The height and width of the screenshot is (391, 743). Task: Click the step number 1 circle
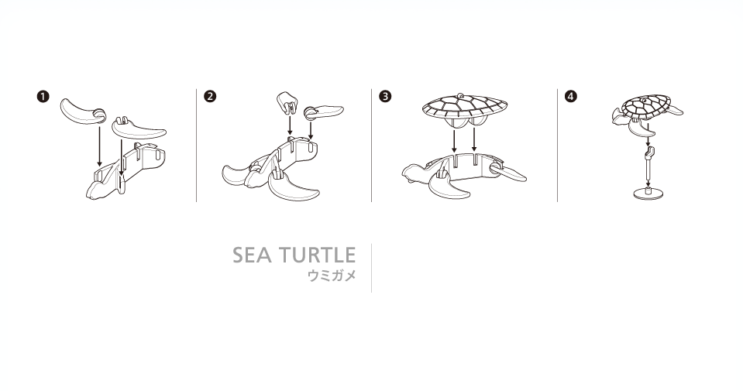43,97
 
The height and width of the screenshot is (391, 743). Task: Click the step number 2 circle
210,97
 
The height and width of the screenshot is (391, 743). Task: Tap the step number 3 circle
385,97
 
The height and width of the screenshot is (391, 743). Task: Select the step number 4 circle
571,97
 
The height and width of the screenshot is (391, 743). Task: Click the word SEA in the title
252,256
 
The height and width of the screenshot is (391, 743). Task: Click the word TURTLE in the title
317,256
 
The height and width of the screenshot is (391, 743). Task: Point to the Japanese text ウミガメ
332,276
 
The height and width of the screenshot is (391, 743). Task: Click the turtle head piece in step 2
287,103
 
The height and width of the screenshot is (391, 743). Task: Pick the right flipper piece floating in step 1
139,127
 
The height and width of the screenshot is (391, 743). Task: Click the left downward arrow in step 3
455,141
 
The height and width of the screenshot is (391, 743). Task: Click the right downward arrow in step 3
474,141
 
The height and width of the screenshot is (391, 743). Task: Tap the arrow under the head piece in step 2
290,125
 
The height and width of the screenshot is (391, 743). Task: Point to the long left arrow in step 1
99,146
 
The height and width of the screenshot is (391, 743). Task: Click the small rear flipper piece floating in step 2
324,111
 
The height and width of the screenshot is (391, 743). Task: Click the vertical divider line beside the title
372,268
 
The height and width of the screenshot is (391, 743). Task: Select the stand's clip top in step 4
648,153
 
